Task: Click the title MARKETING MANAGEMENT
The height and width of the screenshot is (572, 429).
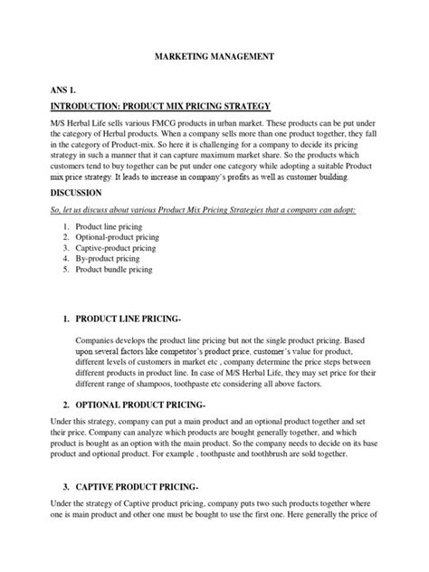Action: click(214, 56)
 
